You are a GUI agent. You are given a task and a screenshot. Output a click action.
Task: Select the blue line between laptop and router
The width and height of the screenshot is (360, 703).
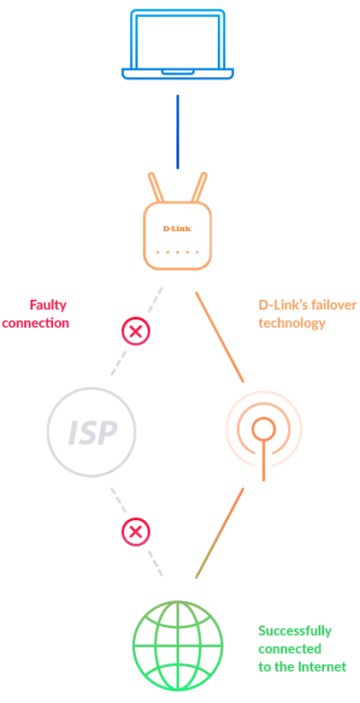click(177, 132)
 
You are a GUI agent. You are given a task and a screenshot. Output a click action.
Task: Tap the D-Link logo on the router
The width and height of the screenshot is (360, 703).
click(177, 229)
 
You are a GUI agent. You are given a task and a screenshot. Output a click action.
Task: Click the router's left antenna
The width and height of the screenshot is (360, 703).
click(156, 187)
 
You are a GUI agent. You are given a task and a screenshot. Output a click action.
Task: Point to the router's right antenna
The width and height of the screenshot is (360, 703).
click(199, 187)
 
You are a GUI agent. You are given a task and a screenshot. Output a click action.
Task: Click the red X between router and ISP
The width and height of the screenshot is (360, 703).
click(136, 331)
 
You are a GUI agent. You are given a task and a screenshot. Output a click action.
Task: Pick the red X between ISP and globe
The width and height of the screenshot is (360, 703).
click(136, 532)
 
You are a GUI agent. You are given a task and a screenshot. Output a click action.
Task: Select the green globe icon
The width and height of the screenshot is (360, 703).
click(177, 646)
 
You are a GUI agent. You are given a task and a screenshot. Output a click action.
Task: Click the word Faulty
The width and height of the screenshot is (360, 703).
click(48, 305)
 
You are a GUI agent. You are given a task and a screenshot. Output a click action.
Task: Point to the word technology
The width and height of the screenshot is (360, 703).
click(292, 323)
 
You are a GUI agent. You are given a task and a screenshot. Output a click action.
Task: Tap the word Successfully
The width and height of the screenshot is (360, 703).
click(295, 631)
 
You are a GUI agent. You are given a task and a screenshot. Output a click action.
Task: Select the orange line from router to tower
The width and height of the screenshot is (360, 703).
click(219, 337)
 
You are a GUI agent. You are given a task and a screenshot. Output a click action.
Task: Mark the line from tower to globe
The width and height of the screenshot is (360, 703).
click(219, 533)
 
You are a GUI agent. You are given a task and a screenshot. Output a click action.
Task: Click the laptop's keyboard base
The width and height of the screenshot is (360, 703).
click(177, 74)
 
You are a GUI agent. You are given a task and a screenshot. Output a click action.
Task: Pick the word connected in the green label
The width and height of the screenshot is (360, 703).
click(290, 649)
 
